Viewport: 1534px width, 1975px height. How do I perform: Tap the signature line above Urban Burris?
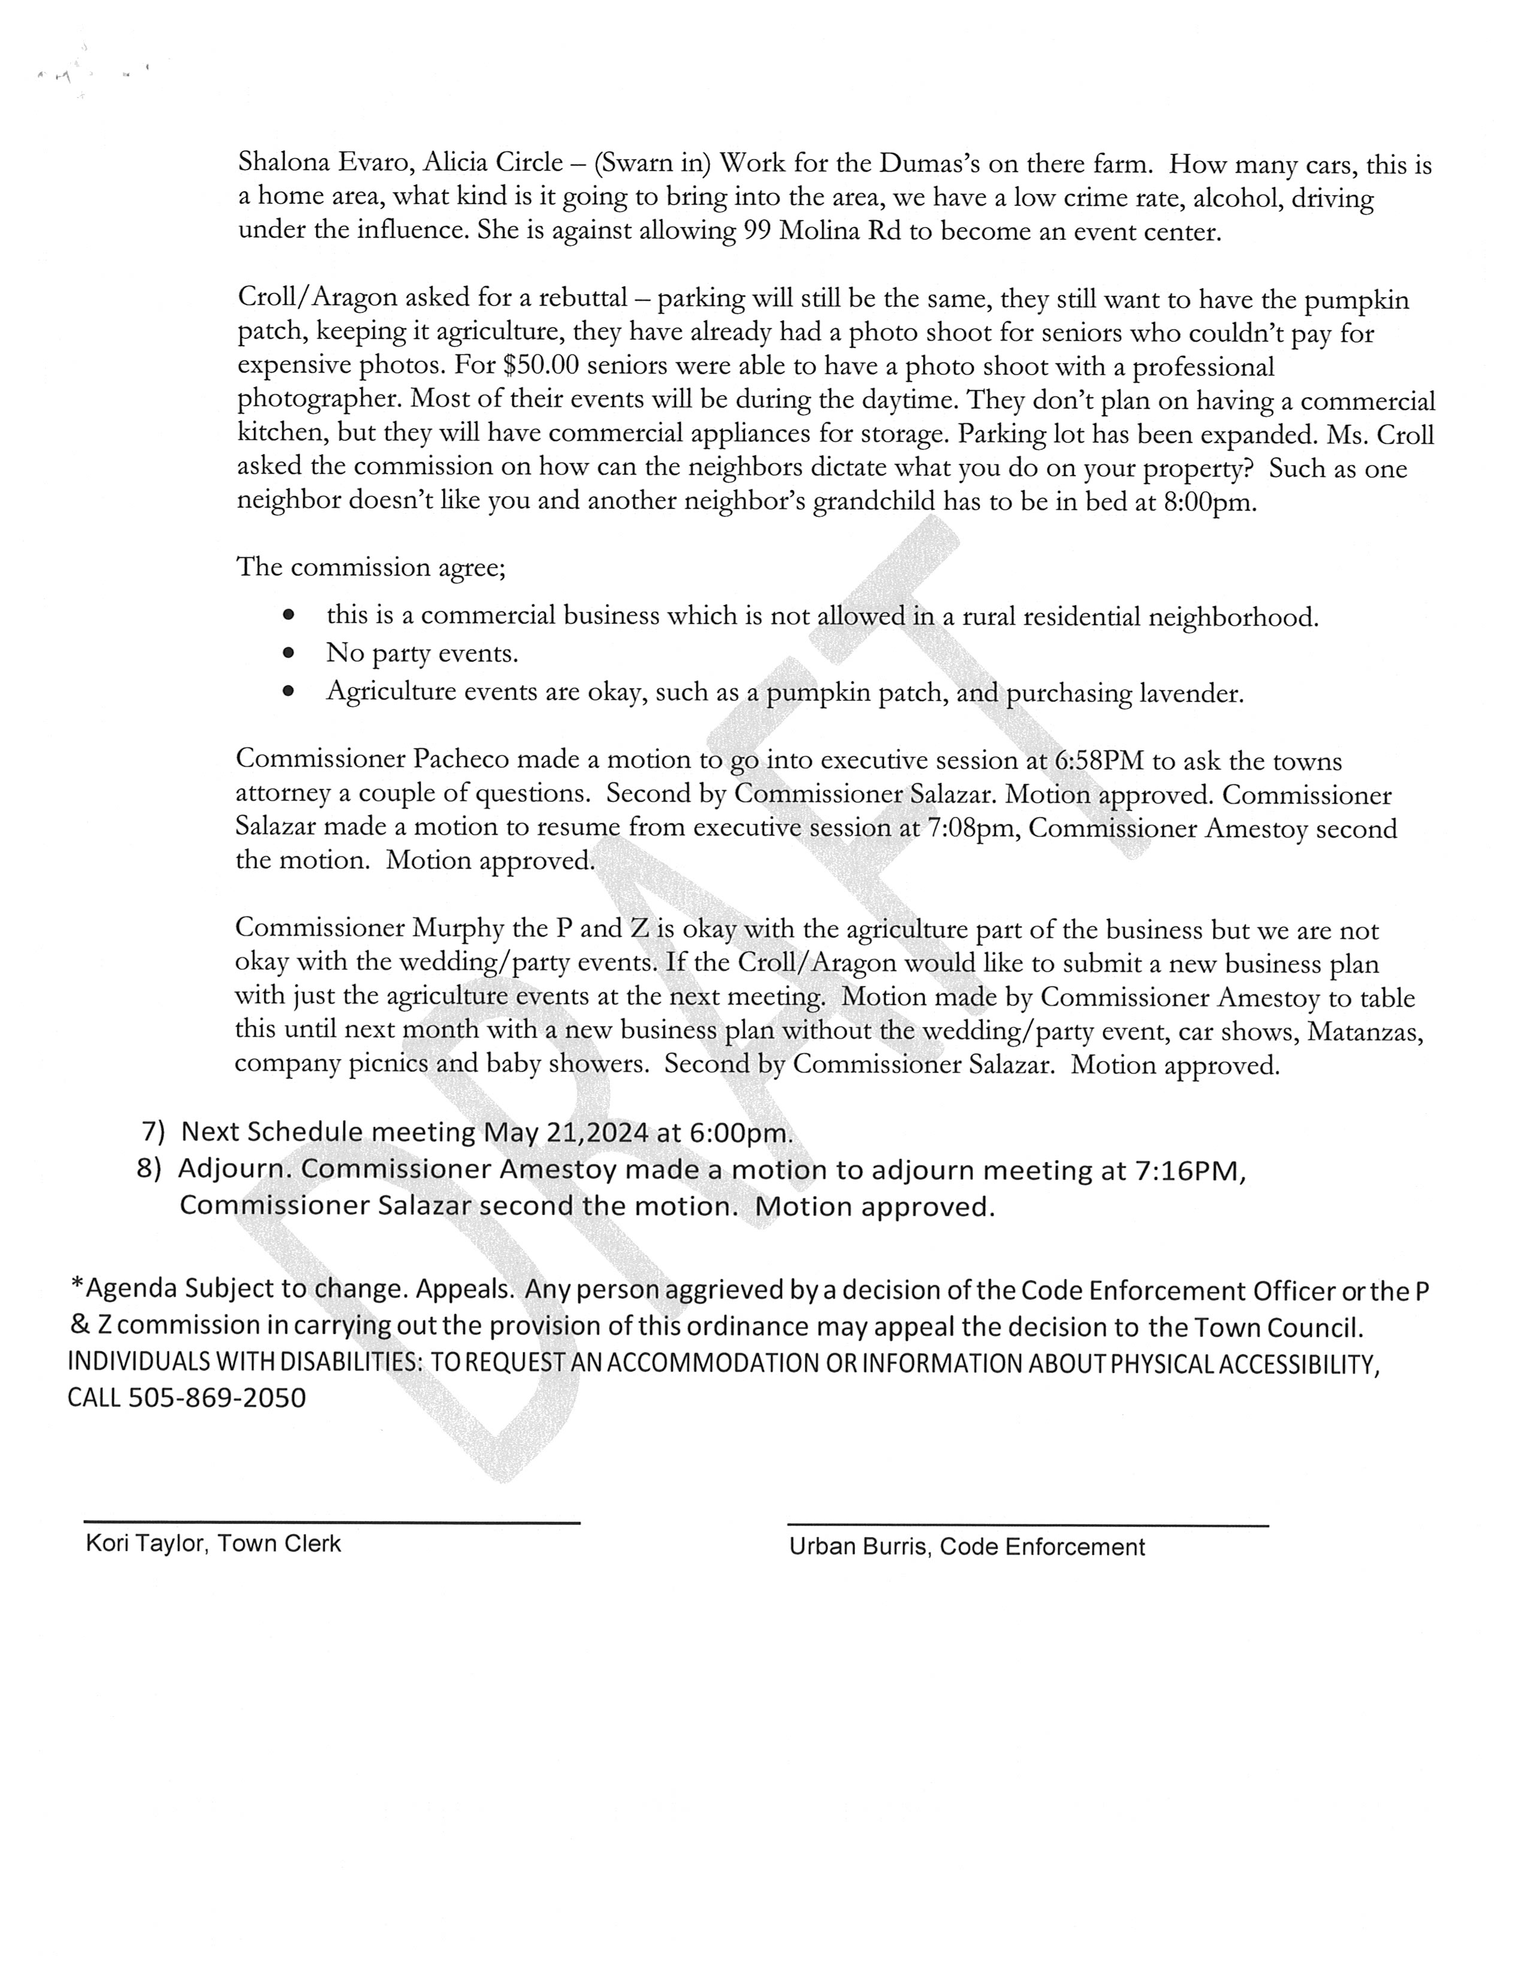click(x=1028, y=1526)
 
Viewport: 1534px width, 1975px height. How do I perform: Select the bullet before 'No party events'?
click(x=289, y=652)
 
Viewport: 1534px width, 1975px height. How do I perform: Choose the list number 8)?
click(x=149, y=1168)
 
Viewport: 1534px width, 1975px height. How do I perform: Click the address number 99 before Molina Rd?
click(x=756, y=231)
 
